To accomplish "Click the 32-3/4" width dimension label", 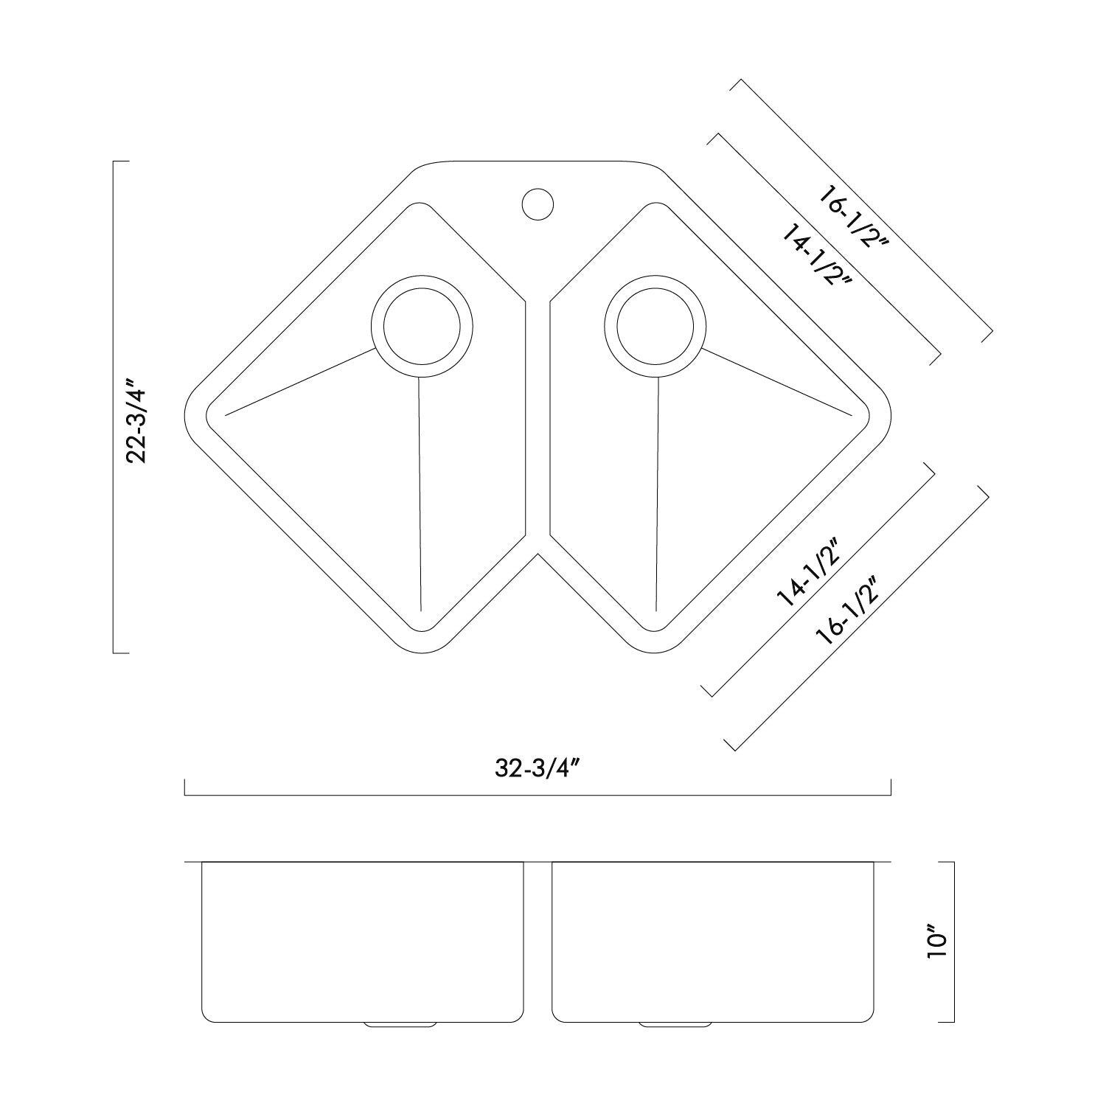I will [536, 768].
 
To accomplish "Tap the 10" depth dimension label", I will [936, 945].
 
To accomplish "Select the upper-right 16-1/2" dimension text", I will [856, 223].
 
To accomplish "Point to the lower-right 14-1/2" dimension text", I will [807, 572].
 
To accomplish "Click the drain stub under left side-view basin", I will [398, 1024].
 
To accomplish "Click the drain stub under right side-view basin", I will [675, 1024].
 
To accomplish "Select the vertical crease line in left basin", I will [419, 494].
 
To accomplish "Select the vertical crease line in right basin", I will [656, 494].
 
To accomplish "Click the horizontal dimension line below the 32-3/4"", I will [538, 796].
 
